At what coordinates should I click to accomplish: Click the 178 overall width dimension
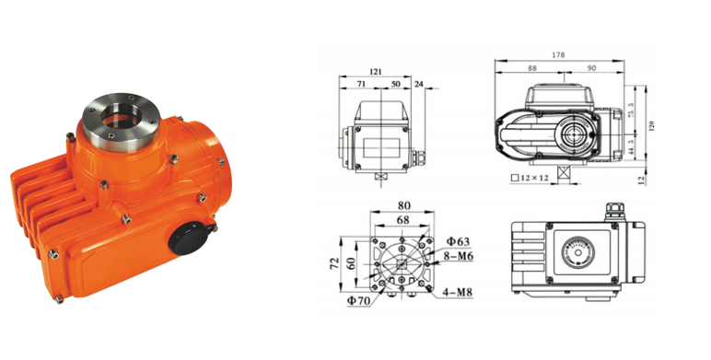click(x=558, y=55)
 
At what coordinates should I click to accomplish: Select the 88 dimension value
click(x=532, y=68)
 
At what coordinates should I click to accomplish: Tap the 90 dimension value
click(x=591, y=68)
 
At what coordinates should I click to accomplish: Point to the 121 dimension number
click(x=376, y=71)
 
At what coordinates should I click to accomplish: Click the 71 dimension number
click(x=361, y=84)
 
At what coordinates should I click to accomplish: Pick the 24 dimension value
click(x=418, y=84)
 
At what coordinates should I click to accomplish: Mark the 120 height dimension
click(x=651, y=125)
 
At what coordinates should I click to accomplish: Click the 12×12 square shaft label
click(x=533, y=179)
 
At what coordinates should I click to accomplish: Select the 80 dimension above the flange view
click(x=404, y=205)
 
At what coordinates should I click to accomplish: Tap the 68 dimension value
click(x=402, y=220)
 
